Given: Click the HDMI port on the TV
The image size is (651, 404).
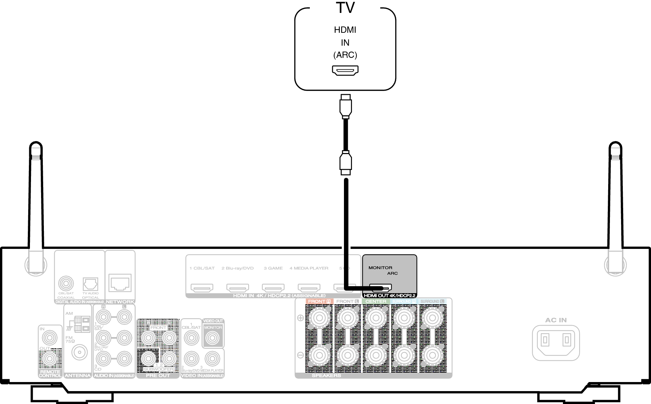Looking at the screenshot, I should (345, 70).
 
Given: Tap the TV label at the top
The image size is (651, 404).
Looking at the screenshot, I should (345, 8).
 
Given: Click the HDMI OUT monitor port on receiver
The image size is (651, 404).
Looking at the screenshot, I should (381, 288).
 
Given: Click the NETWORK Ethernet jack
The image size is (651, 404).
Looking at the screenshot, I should (120, 282).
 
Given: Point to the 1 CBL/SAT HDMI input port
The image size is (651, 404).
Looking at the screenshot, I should (202, 288).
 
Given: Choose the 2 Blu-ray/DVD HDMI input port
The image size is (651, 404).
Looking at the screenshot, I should (237, 288).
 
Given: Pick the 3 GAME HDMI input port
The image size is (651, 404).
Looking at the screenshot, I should (273, 288).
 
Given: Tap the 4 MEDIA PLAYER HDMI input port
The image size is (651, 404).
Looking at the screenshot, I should (309, 288).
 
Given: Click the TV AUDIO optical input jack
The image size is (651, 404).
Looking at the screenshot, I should (90, 284).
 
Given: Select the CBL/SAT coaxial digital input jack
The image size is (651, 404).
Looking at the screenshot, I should (66, 283).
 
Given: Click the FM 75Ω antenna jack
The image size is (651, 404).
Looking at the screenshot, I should (79, 352).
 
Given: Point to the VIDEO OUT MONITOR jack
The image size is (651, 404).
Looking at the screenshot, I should (213, 337).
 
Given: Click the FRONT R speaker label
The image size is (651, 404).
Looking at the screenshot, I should (319, 301).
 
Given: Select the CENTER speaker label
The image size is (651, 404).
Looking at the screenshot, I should (376, 301).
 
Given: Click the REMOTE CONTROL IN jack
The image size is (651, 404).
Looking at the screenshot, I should (50, 337).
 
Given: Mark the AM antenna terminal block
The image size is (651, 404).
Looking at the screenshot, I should (81, 324).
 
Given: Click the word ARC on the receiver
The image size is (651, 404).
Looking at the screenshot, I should (392, 273).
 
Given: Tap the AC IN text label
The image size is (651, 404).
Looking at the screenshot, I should (556, 320).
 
